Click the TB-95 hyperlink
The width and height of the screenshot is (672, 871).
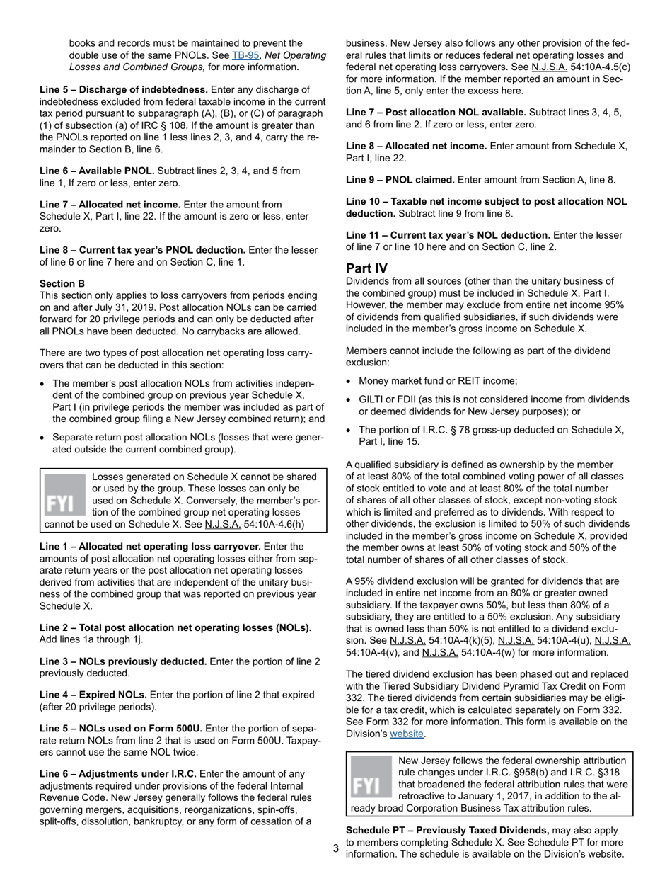243,55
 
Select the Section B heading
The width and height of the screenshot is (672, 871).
62,283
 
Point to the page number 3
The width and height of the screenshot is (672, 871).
335,848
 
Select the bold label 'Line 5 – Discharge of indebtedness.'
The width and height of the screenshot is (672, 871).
124,89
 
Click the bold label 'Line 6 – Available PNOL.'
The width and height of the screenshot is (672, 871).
97,171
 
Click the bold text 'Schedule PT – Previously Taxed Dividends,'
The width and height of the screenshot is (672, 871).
447,830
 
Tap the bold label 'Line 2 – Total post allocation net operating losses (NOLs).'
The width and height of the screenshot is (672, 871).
175,627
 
